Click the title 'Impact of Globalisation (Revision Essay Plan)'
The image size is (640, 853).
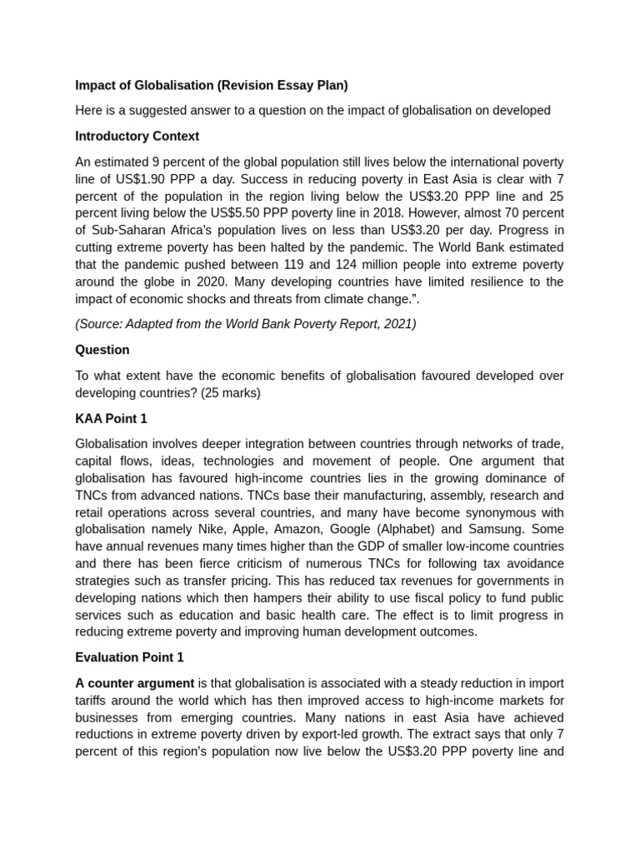click(x=211, y=85)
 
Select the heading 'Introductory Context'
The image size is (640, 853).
click(x=137, y=136)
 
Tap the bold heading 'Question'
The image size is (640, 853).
click(x=102, y=350)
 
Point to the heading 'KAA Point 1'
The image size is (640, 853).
click(x=111, y=418)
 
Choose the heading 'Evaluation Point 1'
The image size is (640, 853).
click(x=129, y=657)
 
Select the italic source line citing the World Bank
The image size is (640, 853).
click(x=246, y=324)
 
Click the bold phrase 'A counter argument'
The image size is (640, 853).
click(x=134, y=683)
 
